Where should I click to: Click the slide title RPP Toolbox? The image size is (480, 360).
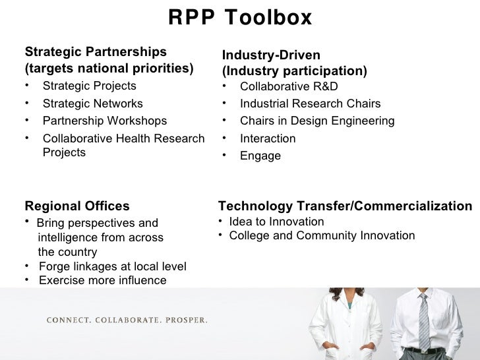point(240,18)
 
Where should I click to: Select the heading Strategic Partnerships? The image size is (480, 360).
point(96,52)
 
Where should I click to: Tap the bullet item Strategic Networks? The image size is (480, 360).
point(92,104)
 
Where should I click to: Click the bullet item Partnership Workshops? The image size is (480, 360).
point(104,121)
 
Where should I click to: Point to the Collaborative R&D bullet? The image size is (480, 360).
point(289,86)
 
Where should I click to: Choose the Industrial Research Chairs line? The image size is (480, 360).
point(310,104)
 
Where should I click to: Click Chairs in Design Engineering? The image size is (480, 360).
point(317,121)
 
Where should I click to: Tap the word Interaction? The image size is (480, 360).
point(268,138)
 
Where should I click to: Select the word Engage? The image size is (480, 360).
point(260,156)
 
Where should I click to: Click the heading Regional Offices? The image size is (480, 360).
point(77,206)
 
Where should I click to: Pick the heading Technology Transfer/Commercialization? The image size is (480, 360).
point(345,206)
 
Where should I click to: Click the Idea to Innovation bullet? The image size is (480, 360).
point(276,222)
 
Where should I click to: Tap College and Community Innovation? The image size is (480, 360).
point(322,235)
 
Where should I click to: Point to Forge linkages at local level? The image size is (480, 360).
point(112,266)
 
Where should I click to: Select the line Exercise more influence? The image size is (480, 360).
point(102,280)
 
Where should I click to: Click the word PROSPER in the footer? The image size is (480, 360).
point(186,321)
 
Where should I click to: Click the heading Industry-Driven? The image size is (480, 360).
point(271,55)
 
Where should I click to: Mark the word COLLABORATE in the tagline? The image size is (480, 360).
point(124,321)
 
